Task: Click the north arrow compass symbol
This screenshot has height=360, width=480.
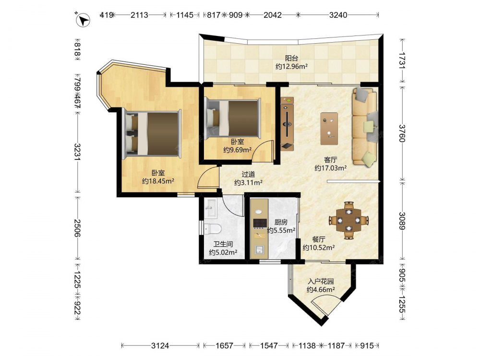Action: (83, 20)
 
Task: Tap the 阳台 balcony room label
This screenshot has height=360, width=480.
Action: (291, 58)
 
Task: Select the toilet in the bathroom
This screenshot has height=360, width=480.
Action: (213, 228)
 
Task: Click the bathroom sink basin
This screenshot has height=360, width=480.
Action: (211, 208)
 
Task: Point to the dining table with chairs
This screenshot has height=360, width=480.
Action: (348, 220)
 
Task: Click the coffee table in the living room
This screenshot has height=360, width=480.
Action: (329, 129)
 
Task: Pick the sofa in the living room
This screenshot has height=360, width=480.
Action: (365, 127)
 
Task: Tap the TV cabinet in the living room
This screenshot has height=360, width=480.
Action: (287, 124)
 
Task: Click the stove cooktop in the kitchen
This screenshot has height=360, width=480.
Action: (260, 224)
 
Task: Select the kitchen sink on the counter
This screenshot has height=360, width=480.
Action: (259, 250)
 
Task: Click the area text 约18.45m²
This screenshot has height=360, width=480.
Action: (158, 181)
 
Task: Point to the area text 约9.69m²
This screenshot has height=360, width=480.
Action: (237, 150)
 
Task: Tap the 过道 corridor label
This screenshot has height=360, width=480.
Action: (248, 175)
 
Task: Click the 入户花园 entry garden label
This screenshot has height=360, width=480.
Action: (321, 281)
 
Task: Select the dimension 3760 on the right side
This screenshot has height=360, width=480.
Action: (402, 133)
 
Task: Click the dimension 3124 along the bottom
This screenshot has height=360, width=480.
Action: (160, 346)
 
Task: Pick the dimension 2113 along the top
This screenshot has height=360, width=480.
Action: (139, 15)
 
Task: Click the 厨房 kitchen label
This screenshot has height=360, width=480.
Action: (281, 222)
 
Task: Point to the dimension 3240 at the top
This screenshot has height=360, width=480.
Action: (338, 15)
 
